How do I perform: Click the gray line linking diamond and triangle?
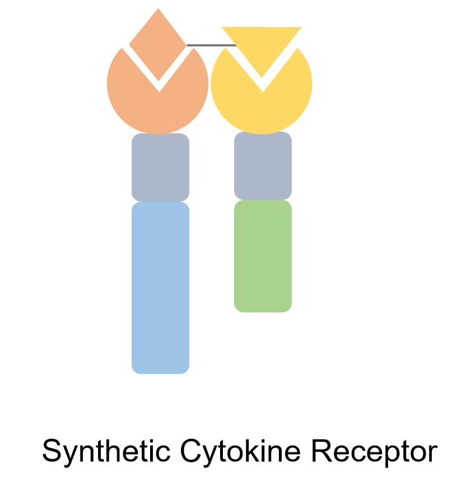point(211,45)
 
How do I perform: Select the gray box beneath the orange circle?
point(160,167)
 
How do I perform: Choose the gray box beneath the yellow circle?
point(263,166)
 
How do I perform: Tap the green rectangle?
point(263,256)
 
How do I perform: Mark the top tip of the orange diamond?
point(158,9)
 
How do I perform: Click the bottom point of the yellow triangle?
point(262,76)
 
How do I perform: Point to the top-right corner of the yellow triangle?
point(300,28)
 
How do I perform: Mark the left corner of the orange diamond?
point(130,44)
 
